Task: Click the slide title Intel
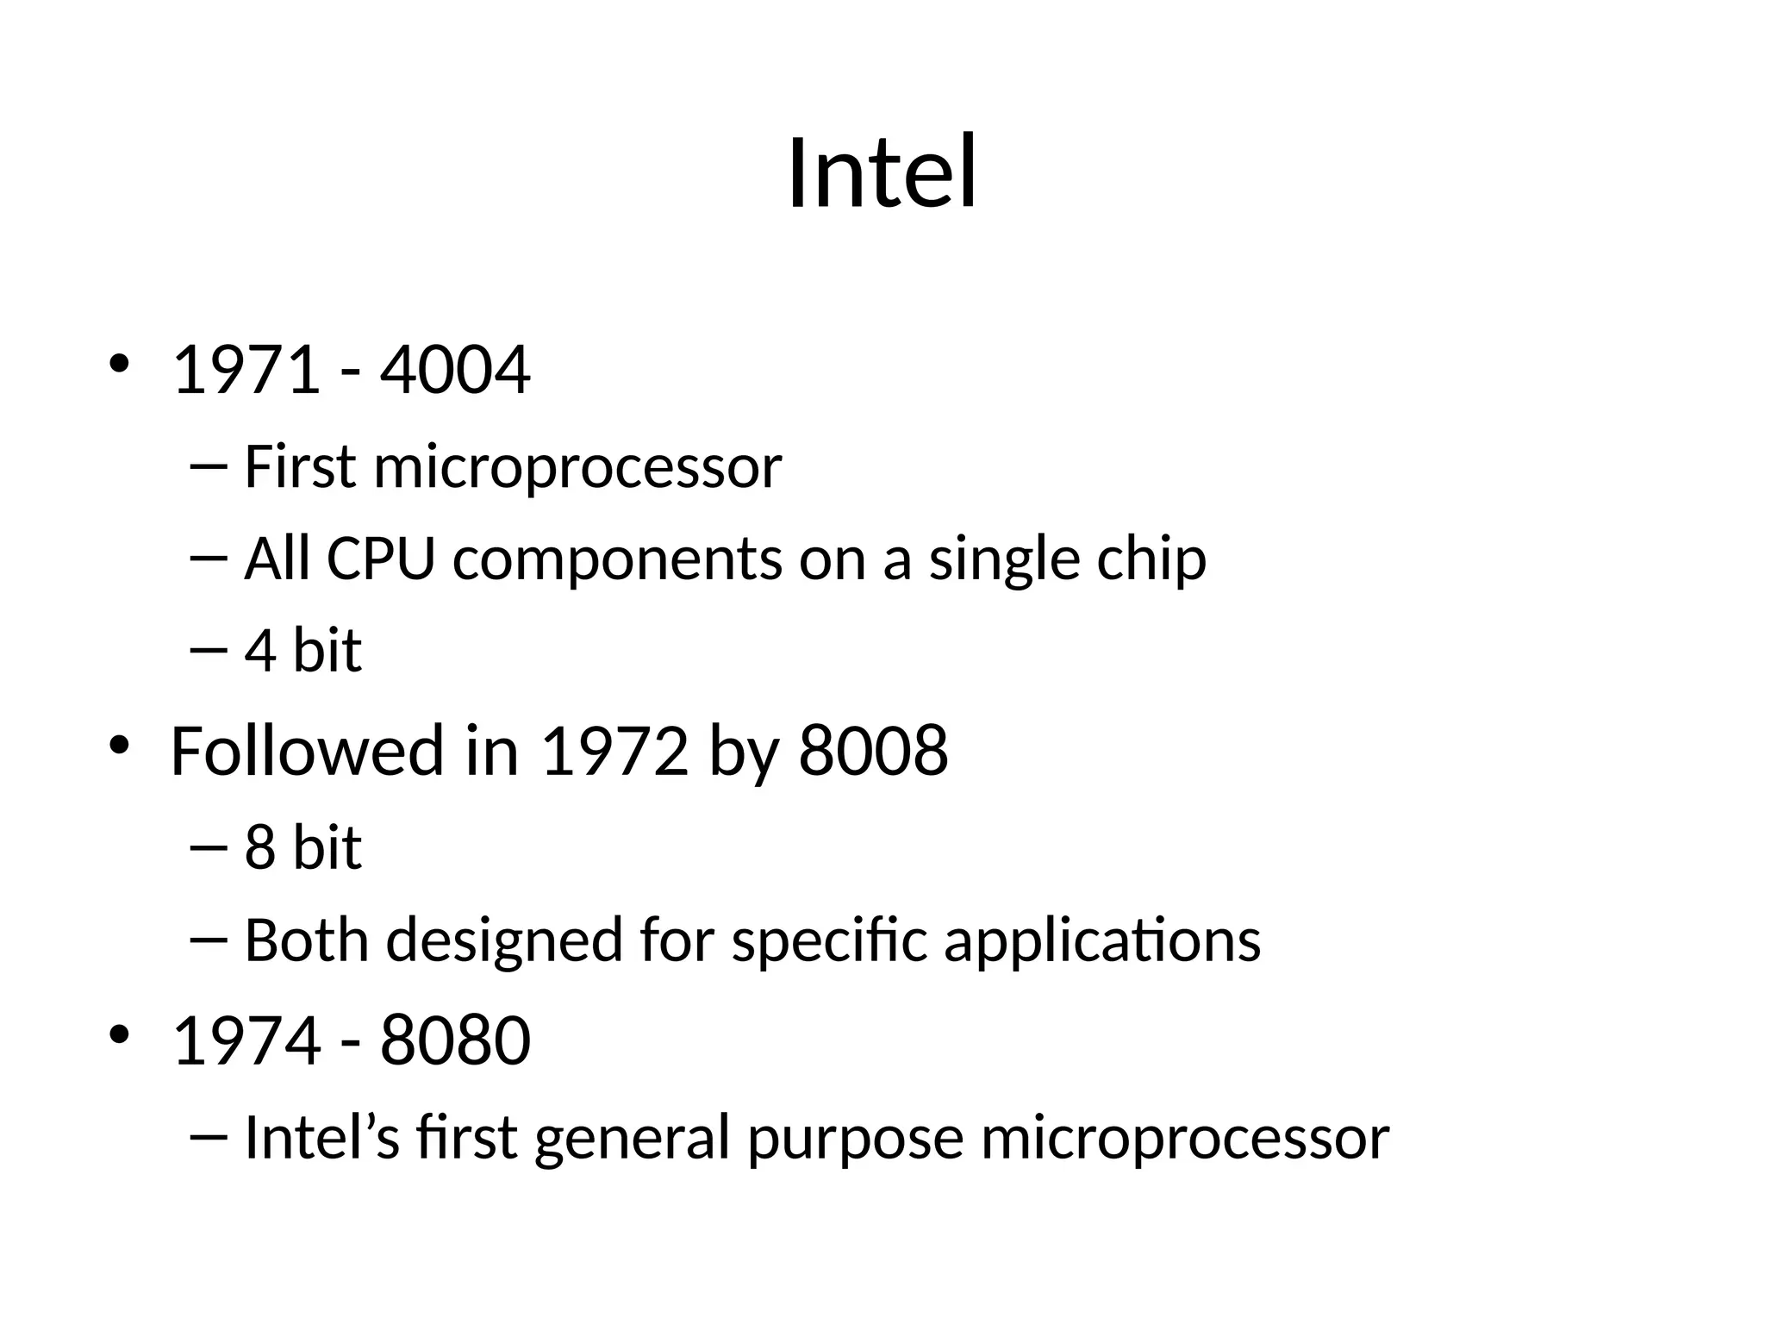click(x=882, y=172)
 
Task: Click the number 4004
click(x=455, y=371)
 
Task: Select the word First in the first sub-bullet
click(x=300, y=467)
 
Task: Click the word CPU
click(x=380, y=559)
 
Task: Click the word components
click(x=617, y=560)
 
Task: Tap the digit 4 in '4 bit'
click(x=259, y=651)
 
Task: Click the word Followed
click(x=307, y=751)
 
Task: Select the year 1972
click(x=614, y=751)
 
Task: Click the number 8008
click(x=873, y=751)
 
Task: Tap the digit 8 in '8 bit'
click(x=259, y=847)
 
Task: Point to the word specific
click(x=829, y=941)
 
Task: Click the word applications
click(x=1102, y=941)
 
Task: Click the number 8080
click(x=455, y=1040)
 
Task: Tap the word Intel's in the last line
click(x=321, y=1138)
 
